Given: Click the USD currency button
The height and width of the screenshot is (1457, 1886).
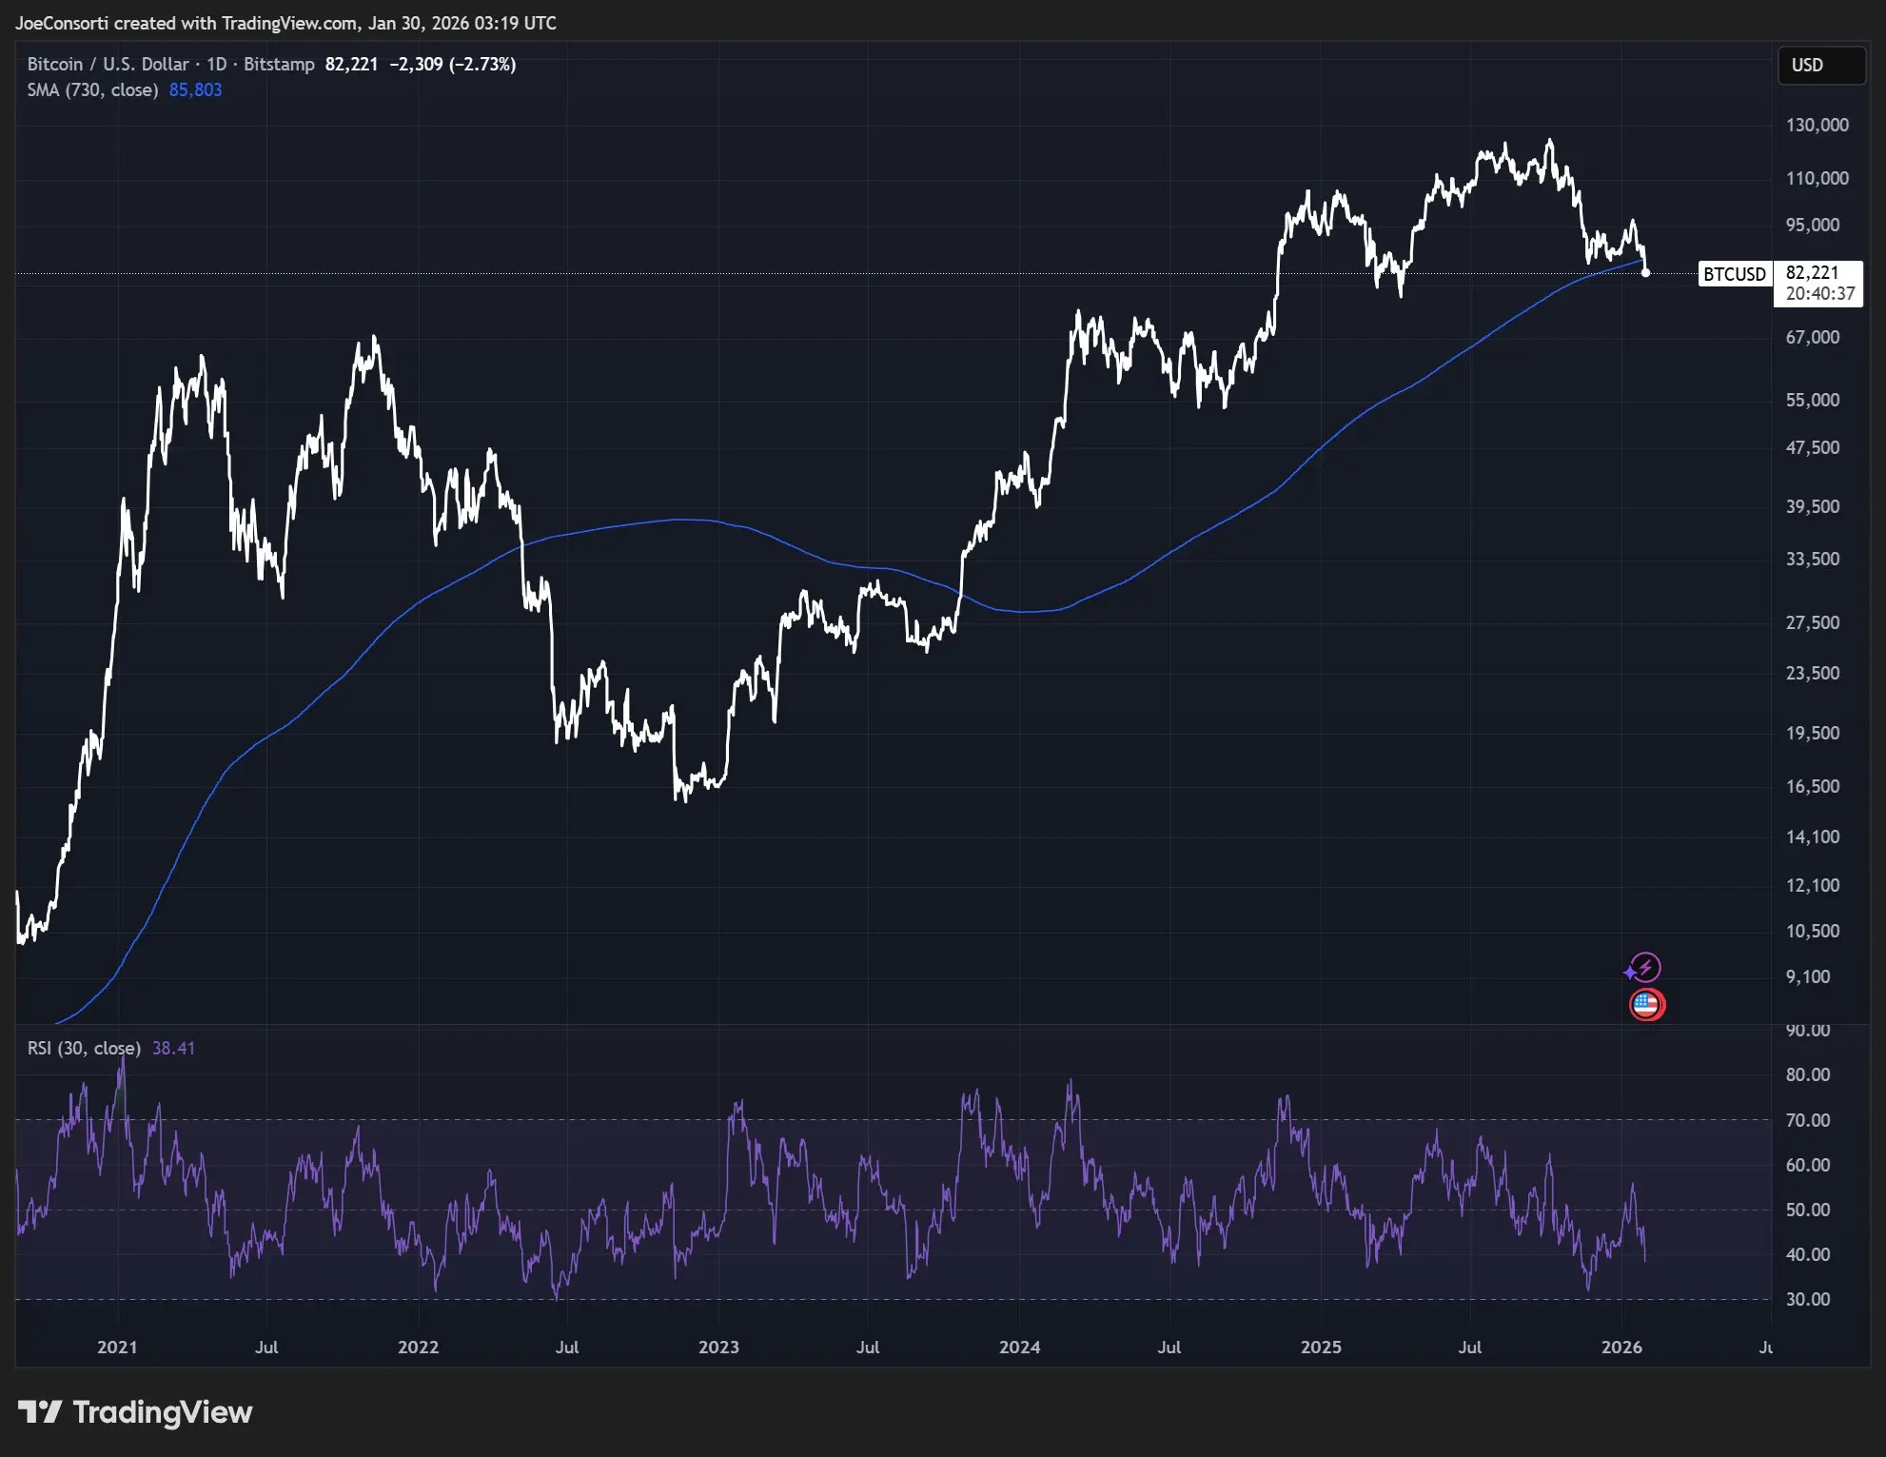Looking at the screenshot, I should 1820,65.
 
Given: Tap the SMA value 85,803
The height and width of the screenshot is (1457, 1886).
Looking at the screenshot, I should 195,89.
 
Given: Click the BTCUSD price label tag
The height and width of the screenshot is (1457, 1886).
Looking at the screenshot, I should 1734,274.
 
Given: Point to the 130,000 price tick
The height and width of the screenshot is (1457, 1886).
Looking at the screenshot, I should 1817,125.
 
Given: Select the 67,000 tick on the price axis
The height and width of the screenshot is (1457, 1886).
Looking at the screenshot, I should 1812,337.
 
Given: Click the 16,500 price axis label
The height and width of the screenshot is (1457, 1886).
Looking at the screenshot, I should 1812,786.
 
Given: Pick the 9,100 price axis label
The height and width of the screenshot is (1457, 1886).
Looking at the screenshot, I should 1807,976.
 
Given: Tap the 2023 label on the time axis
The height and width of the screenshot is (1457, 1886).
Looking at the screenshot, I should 718,1347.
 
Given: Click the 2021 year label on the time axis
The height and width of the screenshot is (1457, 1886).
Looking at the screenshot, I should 117,1347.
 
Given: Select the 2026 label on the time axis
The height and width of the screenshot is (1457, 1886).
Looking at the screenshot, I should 1621,1347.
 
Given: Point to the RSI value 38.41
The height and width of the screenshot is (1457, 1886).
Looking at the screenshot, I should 173,1048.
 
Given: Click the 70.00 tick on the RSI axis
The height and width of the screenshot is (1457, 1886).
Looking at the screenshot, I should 1807,1120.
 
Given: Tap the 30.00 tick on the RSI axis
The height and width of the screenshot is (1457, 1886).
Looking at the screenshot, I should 1807,1299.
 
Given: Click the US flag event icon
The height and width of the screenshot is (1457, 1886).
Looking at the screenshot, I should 1646,1004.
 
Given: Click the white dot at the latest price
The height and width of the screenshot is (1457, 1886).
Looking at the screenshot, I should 1645,273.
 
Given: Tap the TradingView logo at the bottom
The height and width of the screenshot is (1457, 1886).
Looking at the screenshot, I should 135,1412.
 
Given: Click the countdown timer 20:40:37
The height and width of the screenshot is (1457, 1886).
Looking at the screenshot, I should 1819,294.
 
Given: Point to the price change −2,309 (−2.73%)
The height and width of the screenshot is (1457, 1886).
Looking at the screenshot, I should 453,64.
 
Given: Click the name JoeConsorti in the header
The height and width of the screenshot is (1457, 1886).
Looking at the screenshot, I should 62,23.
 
